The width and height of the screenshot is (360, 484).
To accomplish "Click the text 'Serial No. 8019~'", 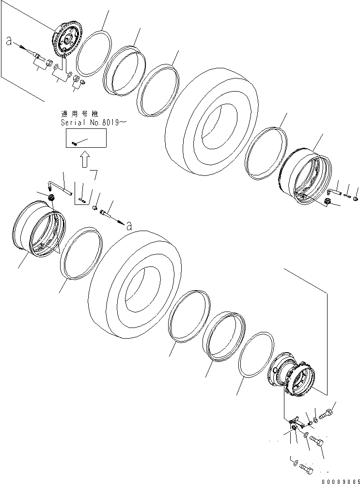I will point(93,123).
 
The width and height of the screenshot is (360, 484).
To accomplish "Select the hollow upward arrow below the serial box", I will point(85,159).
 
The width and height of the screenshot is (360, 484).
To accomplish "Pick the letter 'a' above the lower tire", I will point(128,225).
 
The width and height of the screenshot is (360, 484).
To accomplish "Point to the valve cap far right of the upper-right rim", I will point(356,198).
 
